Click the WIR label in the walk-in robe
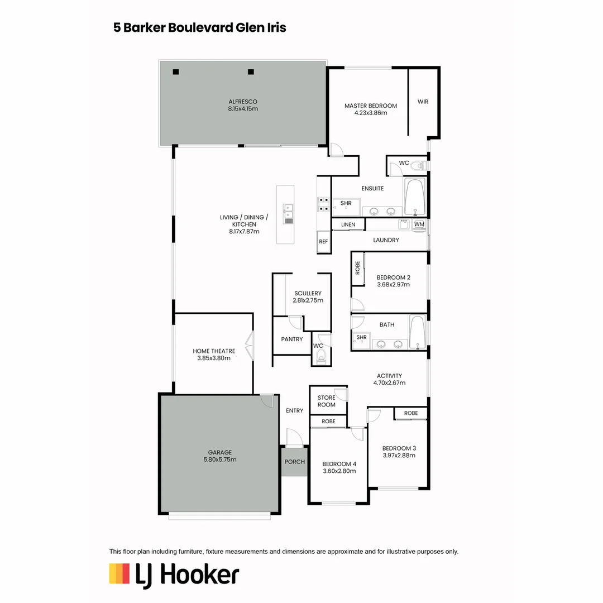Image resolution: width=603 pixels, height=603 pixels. coord(423,102)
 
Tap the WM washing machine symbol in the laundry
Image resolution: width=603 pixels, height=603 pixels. coord(419,224)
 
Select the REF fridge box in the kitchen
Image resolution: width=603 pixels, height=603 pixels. coord(323,242)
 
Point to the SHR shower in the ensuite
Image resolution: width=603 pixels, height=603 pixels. coord(346,204)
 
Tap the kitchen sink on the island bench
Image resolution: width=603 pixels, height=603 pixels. coord(289,213)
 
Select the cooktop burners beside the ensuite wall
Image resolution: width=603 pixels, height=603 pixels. coord(323,204)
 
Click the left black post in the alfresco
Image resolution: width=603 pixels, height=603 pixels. coord(175,71)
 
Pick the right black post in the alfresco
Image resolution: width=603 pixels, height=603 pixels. coord(251,71)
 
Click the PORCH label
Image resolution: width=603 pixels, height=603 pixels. coord(294,462)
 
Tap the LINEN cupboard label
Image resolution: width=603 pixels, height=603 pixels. coord(347,224)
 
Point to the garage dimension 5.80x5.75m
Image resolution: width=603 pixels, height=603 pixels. coord(219,460)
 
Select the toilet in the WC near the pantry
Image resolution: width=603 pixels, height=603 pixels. coord(320,357)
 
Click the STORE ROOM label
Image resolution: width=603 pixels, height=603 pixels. coord(327,401)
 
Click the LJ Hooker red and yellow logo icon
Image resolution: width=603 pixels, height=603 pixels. coord(119,574)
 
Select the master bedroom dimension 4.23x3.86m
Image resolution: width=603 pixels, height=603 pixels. coord(370,113)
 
